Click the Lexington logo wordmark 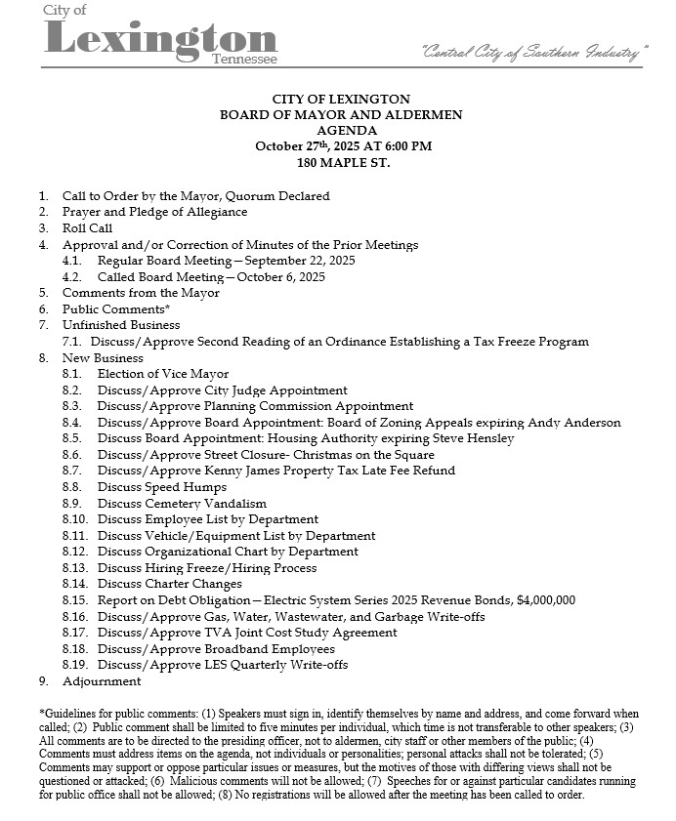(161, 38)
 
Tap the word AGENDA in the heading (341, 131)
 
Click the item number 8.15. (74, 600)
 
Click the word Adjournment (102, 681)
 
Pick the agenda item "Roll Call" (88, 228)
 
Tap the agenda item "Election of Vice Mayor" (163, 374)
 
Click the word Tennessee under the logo (244, 60)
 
